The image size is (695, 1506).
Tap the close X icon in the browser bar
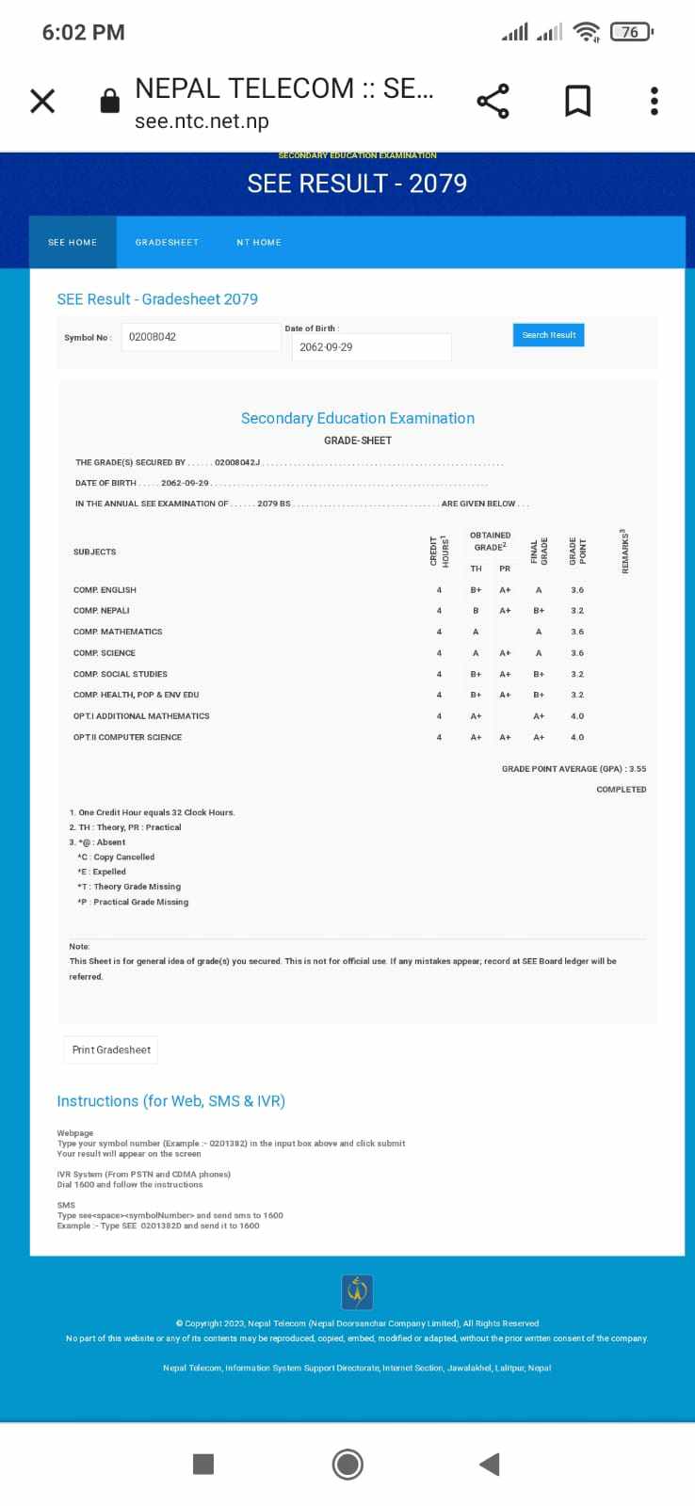tap(42, 101)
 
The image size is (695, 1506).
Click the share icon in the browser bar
tap(493, 101)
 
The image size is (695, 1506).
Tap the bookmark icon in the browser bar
tap(577, 101)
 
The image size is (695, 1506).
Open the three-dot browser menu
tap(654, 101)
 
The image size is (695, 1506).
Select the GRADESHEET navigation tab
tap(167, 243)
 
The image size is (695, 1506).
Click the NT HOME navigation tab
tap(259, 243)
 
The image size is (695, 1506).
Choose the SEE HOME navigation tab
tap(73, 243)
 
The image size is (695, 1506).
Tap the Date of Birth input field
tap(370, 347)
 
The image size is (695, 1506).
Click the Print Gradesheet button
tap(111, 1049)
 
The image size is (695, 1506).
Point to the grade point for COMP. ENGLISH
tap(577, 590)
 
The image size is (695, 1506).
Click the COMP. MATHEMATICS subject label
tap(118, 632)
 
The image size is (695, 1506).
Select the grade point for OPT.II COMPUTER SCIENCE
tap(577, 737)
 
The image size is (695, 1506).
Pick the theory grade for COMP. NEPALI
tap(476, 611)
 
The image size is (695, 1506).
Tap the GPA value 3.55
tap(638, 769)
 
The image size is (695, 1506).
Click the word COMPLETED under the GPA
tap(622, 790)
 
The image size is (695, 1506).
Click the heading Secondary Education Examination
tap(358, 418)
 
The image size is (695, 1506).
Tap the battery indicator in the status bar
tap(631, 32)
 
